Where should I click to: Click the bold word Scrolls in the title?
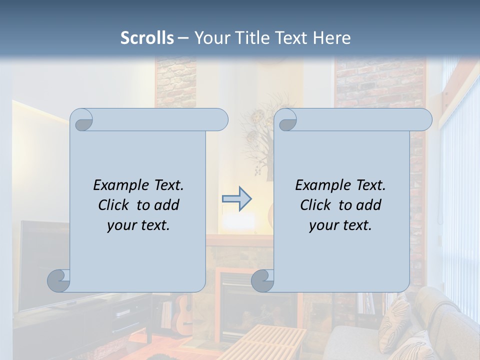tap(147, 38)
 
